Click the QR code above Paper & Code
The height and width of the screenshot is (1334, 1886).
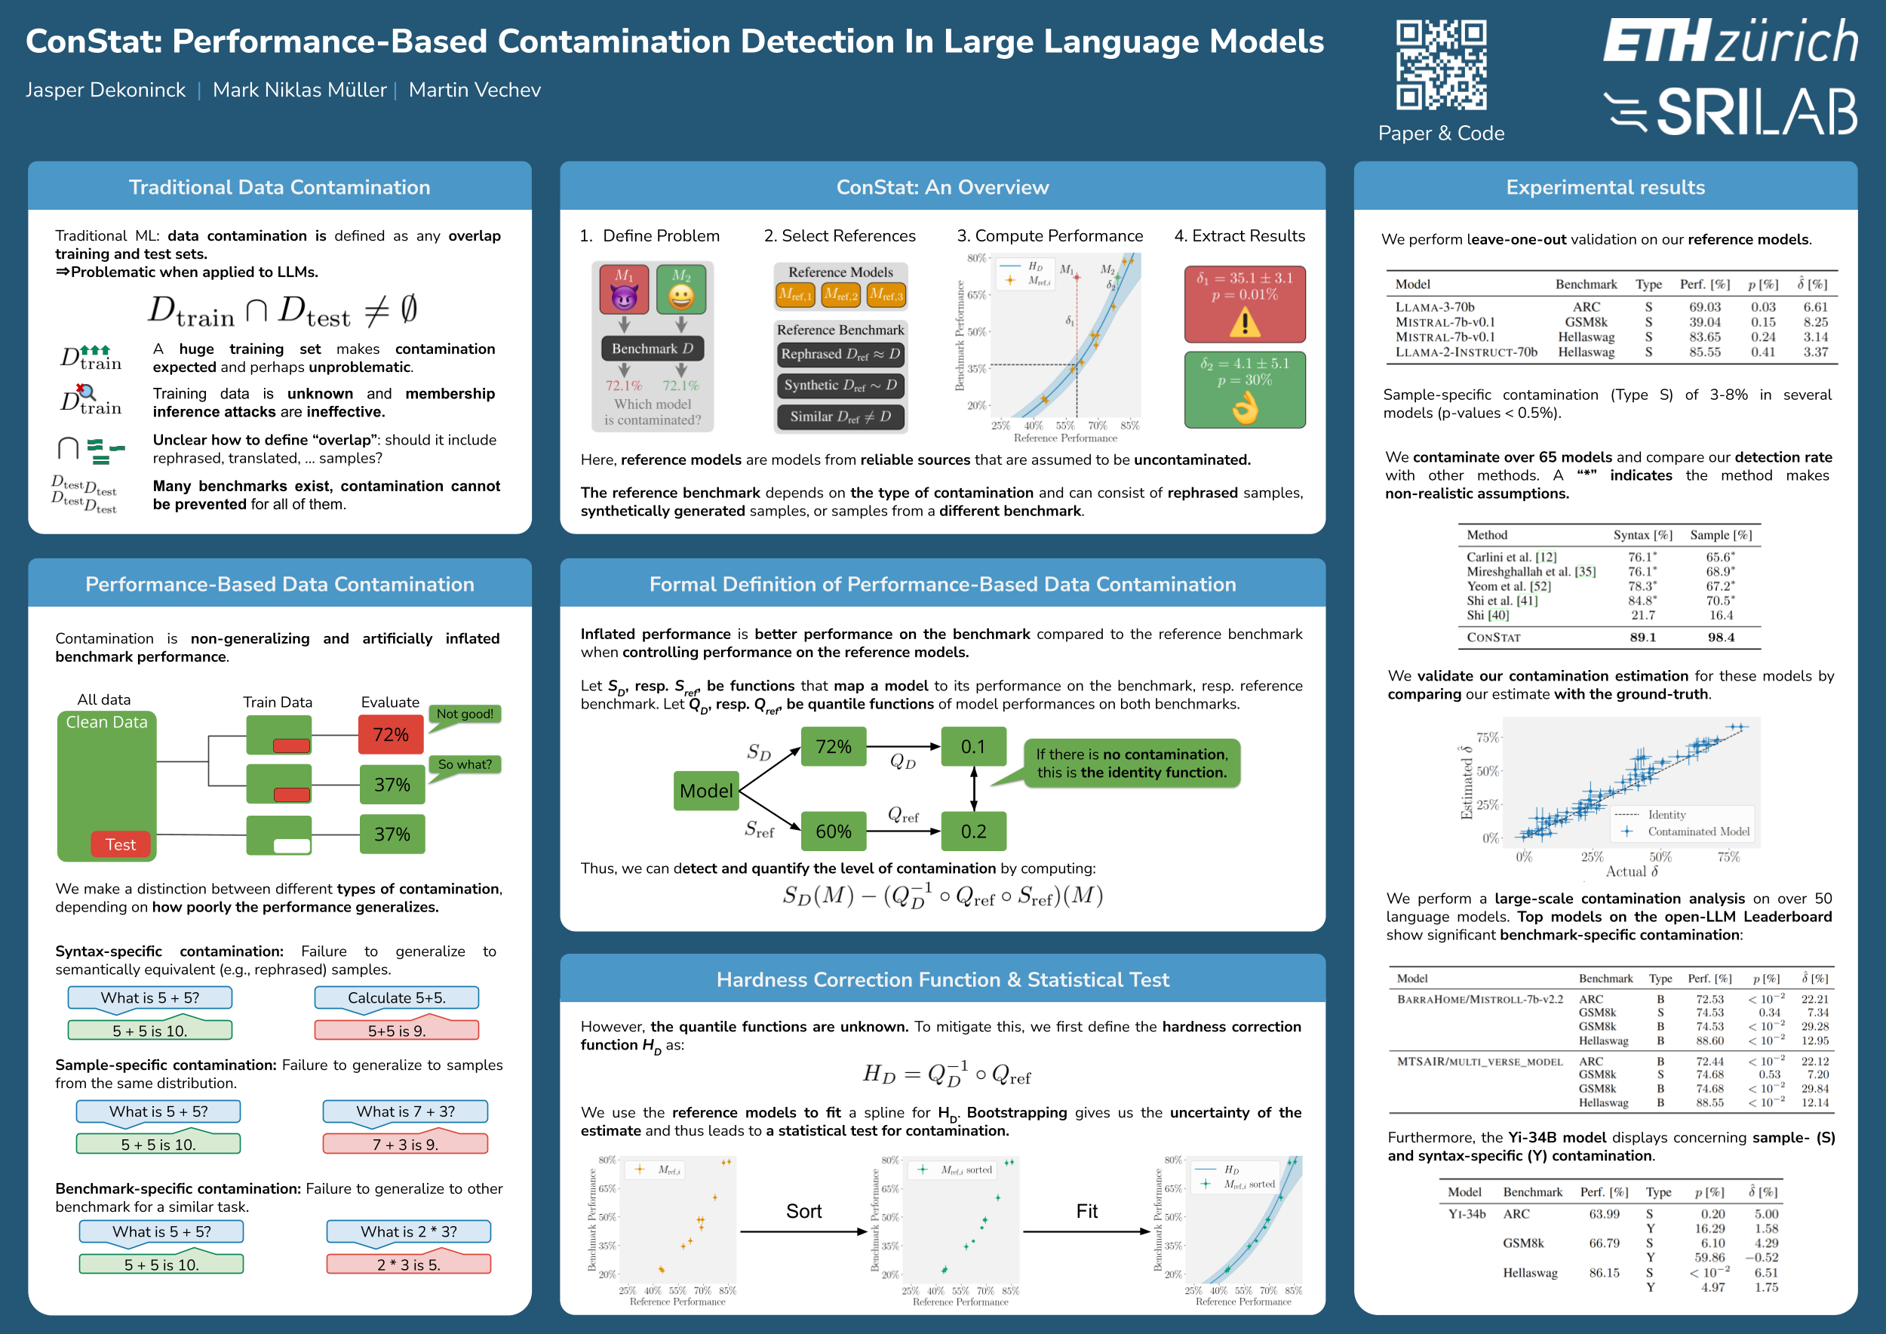click(1441, 65)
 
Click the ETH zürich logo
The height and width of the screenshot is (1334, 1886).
click(1730, 41)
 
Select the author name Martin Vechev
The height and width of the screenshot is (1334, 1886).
click(475, 90)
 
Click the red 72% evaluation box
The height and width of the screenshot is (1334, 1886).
click(391, 734)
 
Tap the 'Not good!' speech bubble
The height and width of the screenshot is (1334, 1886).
click(465, 714)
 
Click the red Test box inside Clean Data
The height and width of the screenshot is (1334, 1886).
click(120, 844)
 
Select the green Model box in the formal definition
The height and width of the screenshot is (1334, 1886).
click(705, 791)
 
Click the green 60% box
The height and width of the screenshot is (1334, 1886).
click(833, 831)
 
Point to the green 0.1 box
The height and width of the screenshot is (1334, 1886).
click(972, 747)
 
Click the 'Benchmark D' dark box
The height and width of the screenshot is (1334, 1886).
click(653, 349)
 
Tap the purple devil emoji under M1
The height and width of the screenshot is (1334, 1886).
click(625, 297)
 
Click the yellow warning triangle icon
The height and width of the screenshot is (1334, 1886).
click(1245, 323)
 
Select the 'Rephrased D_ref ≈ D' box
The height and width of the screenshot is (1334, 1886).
click(840, 354)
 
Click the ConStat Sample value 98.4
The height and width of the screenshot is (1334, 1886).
click(1721, 638)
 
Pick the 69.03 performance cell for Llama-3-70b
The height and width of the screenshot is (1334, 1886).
click(1704, 307)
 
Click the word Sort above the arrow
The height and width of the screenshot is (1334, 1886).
click(803, 1212)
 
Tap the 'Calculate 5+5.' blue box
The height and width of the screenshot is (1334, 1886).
click(397, 998)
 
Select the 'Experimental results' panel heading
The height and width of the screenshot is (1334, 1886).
click(1605, 187)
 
